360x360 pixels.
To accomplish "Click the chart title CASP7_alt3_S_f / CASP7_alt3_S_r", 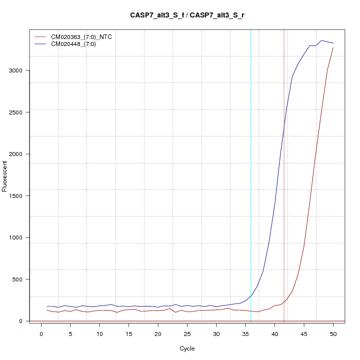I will [187, 15].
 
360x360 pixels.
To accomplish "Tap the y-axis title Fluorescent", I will [5, 175].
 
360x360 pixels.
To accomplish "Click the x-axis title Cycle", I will [187, 348].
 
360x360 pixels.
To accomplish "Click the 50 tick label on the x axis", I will [333, 334].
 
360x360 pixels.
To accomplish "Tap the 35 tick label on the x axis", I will [245, 334].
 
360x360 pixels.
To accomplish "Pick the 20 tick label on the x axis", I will [158, 334].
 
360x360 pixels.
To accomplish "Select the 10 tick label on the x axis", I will [99, 334].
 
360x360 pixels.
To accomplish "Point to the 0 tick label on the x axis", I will [41, 334].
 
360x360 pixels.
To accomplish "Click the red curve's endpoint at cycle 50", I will [333, 47].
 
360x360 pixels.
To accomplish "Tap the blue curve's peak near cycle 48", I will [321, 40].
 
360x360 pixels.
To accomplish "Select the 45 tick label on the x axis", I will [304, 334].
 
